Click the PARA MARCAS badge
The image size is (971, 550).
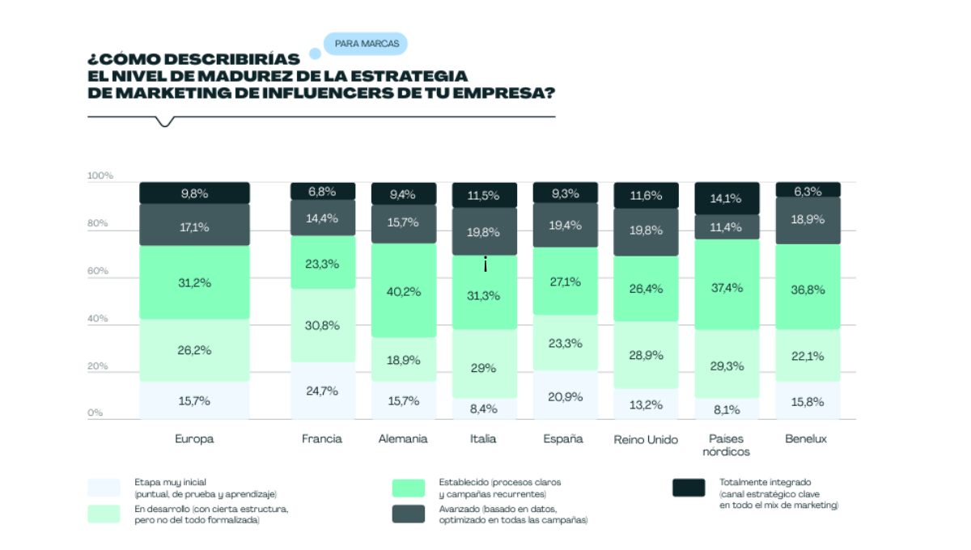pos(366,44)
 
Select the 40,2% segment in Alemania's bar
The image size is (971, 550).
pos(404,290)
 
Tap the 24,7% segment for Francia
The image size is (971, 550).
pos(323,391)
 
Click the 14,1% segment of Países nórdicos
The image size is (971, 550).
pos(727,198)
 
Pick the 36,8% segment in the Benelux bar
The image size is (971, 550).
pos(808,287)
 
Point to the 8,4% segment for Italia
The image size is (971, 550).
pos(485,408)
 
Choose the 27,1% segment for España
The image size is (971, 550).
pos(566,281)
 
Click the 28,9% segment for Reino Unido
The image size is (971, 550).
pos(646,355)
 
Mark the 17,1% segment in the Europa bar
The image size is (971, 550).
pos(195,225)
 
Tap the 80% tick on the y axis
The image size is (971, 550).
pos(98,223)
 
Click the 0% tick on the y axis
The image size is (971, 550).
pos(95,412)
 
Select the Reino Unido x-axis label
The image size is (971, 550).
pos(646,439)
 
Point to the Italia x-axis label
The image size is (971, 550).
pos(483,439)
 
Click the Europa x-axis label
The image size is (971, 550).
pos(194,439)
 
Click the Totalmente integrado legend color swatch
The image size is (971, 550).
pos(689,488)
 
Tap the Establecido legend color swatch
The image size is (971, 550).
pos(409,488)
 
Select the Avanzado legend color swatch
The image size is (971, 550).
pos(409,514)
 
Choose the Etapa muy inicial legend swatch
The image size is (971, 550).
pos(104,488)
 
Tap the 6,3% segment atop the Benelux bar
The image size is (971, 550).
pos(808,190)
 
